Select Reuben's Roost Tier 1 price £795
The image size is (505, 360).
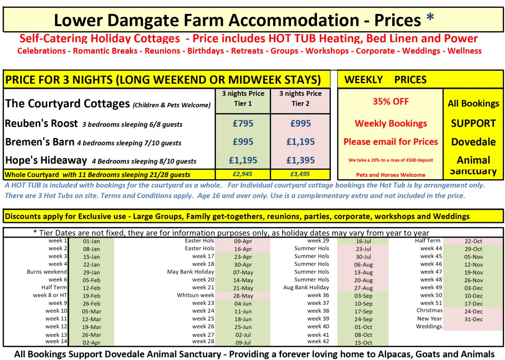[243, 124]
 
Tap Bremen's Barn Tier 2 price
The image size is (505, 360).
[300, 142]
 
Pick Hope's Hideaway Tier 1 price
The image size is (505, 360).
[243, 160]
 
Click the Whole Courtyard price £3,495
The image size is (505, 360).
[300, 174]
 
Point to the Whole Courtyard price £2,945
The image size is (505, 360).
[243, 174]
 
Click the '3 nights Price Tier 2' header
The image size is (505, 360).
[300, 98]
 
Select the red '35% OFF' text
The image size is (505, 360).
[391, 101]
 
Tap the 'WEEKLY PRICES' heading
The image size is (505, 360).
[385, 80]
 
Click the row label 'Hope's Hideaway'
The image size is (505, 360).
[46, 160]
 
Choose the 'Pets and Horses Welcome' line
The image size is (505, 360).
[391, 175]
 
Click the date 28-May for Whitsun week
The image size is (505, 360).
[243, 296]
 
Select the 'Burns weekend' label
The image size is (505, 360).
[47, 272]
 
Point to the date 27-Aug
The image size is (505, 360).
[363, 288]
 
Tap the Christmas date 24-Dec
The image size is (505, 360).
[473, 312]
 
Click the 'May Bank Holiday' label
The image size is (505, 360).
[191, 272]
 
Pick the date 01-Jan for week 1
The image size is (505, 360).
[91, 241]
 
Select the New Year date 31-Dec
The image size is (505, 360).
[473, 319]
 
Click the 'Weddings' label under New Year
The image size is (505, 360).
[429, 327]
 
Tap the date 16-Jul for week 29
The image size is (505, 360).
[363, 241]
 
